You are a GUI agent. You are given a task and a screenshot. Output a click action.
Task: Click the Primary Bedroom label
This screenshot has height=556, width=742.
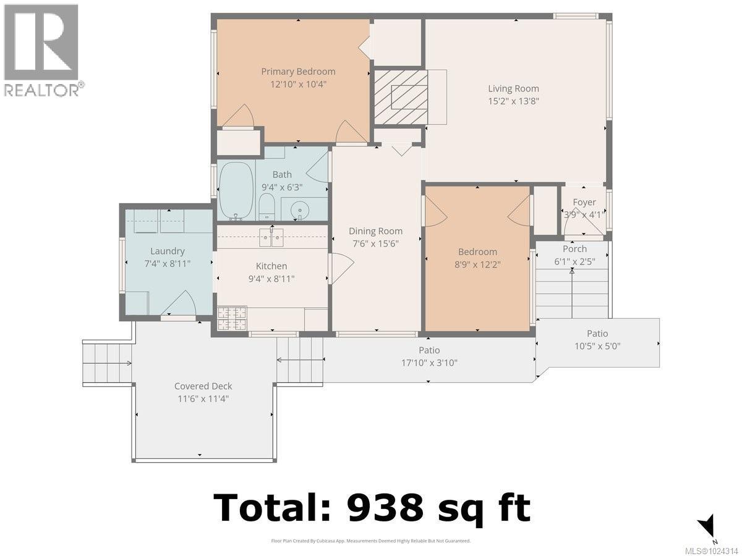298,72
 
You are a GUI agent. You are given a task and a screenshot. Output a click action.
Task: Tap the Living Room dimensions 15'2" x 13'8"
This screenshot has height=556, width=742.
513,101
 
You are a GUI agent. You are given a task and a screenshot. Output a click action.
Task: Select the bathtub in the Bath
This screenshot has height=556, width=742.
236,190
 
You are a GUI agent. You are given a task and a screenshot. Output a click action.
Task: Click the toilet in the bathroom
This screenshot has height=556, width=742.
267,206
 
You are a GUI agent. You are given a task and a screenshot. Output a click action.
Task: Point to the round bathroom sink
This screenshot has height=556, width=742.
300,210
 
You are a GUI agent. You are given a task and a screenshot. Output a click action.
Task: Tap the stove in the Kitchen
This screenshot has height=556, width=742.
232,318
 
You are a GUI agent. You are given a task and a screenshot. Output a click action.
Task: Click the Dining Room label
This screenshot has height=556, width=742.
375,231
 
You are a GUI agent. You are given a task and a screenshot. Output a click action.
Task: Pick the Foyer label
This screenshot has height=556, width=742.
584,202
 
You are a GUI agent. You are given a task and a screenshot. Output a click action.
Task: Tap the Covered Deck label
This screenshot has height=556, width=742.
203,386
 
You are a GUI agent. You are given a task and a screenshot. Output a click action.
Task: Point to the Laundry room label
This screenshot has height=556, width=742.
167,251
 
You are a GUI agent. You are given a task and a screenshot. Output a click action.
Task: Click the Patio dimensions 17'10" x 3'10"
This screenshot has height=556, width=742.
429,363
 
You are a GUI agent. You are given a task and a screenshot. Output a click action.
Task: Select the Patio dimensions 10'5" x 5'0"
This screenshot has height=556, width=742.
597,346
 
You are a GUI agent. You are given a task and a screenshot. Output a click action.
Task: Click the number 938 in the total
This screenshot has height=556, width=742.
385,508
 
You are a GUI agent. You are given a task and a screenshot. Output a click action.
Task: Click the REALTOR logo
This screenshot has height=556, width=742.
42,49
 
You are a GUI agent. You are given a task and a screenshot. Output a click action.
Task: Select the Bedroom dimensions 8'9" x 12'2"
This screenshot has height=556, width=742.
477,264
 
